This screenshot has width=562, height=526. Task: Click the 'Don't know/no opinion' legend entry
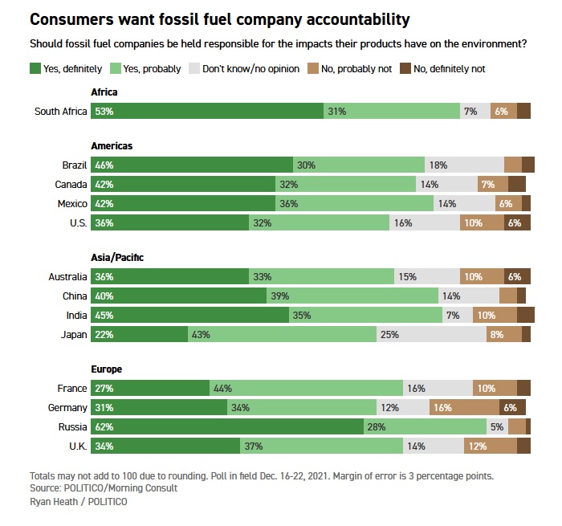tap(247, 69)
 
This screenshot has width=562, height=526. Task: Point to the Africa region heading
tap(104, 93)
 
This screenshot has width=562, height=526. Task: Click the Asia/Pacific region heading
tap(117, 257)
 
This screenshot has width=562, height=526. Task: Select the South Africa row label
tap(60, 112)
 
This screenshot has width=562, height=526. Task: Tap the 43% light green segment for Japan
tap(281, 334)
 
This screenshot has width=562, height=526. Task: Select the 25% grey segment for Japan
tap(430, 334)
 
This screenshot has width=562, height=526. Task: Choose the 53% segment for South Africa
tap(207, 112)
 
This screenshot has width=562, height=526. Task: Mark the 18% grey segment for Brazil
tap(464, 165)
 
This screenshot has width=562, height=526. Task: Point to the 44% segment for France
tap(306, 389)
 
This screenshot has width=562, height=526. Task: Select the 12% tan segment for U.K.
tap(490, 446)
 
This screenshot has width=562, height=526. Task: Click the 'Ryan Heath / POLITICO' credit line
tap(78, 502)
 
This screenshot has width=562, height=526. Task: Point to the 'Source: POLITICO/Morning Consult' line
tap(103, 488)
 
